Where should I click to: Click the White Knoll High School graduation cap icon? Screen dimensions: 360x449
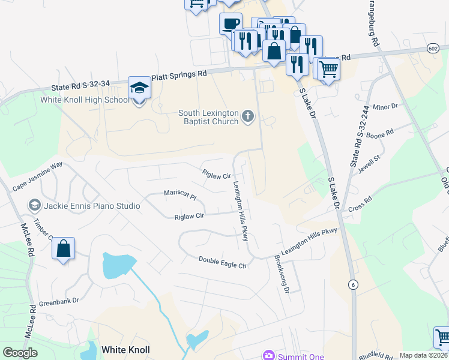[x=139, y=88]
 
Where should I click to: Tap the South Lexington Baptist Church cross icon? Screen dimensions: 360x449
[x=249, y=116]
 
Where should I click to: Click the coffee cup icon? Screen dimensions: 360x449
[x=230, y=24]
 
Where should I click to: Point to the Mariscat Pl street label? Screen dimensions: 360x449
[x=181, y=194]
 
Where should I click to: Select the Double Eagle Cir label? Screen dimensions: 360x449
[x=223, y=262]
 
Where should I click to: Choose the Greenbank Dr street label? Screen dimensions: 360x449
[x=59, y=304]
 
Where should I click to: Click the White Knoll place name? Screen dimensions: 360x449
[x=125, y=349]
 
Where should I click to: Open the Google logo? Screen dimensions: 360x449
[x=20, y=352]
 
